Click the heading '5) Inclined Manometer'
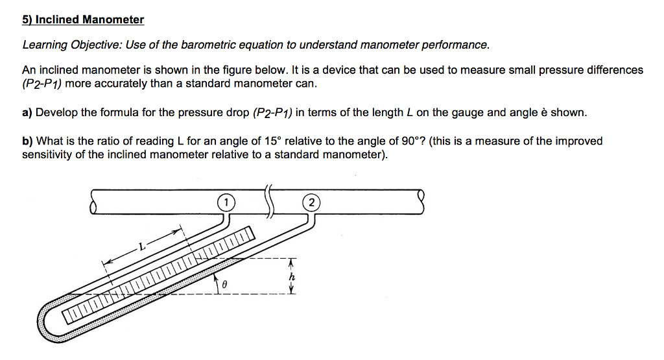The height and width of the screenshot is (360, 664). coord(83,19)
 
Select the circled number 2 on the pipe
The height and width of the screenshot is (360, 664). coord(311,203)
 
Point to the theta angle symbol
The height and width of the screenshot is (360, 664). coord(224,285)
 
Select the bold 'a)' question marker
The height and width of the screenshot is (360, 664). coord(27,112)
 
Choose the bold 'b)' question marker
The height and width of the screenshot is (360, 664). coord(27,141)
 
